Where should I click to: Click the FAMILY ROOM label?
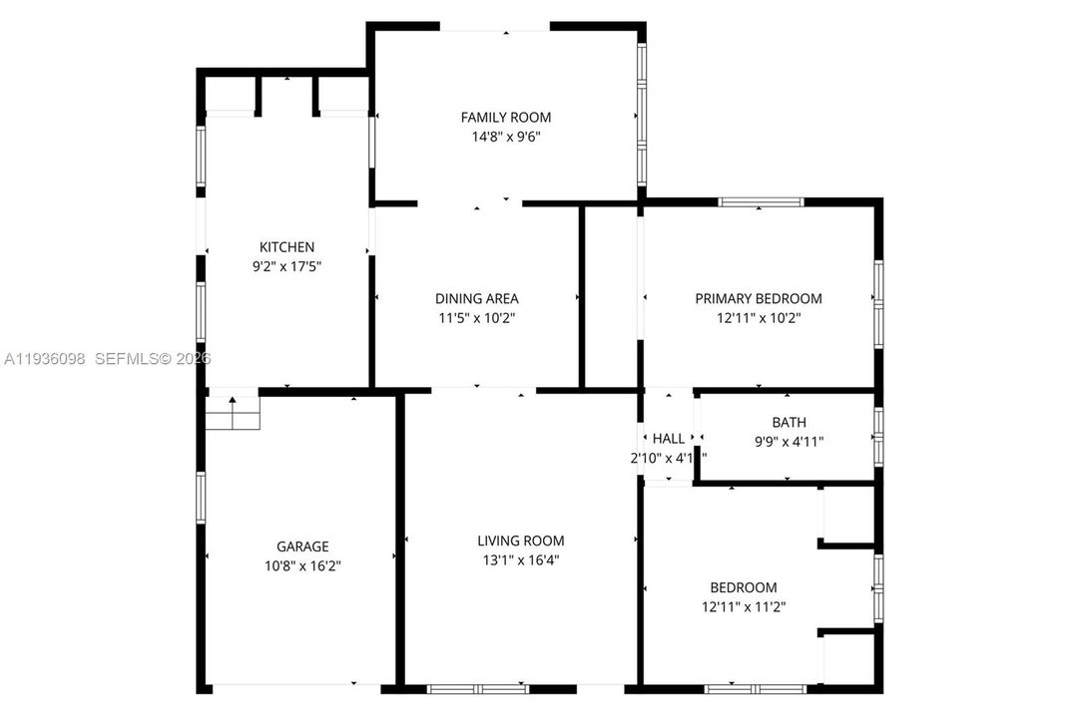pos(505,118)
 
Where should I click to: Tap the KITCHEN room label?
pos(286,247)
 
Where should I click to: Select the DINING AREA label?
pos(476,298)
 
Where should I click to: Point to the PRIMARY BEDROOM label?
pos(759,298)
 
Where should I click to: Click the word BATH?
pos(789,423)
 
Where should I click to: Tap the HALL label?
pos(669,439)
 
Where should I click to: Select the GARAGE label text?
pos(302,546)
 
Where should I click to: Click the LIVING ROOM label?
pos(520,540)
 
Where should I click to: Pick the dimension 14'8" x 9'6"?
pos(505,138)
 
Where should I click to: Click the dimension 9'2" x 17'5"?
pos(286,266)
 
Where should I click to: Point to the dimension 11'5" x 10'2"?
pos(476,318)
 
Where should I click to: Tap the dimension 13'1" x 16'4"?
pos(520,559)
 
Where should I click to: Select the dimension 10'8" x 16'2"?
pos(302,565)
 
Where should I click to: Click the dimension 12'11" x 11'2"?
pos(743,606)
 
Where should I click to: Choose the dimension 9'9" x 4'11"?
pos(789,441)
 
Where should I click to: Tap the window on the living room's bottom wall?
pos(477,688)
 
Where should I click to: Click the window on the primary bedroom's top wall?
pos(760,201)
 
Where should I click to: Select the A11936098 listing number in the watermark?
pos(45,358)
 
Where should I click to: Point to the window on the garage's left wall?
pos(201,498)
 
